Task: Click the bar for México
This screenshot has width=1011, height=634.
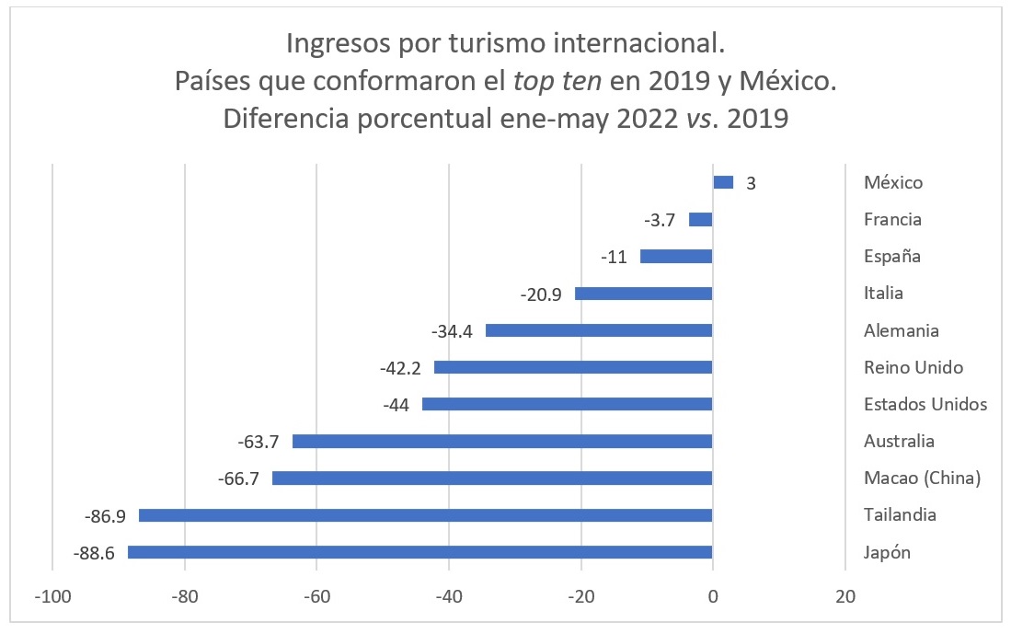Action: [x=723, y=182]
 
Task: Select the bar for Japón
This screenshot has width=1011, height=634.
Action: [x=419, y=552]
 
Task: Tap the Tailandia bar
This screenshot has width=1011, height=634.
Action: [x=425, y=515]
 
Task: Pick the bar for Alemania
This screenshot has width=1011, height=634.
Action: [x=599, y=330]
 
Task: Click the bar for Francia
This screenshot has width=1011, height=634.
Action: [x=701, y=219]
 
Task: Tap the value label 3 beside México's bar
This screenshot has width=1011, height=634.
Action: [x=751, y=183]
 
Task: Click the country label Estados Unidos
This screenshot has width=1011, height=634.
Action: [x=925, y=404]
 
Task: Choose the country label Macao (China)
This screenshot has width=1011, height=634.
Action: [x=923, y=478]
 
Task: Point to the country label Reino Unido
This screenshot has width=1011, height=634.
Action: [x=913, y=367]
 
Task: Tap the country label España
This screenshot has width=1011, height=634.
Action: [x=892, y=256]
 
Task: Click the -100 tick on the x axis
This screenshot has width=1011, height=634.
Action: [x=52, y=596]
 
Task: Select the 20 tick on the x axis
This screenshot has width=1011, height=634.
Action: [x=844, y=596]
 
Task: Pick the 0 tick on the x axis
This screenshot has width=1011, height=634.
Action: [x=713, y=596]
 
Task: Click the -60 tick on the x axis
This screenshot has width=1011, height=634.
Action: [x=316, y=596]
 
